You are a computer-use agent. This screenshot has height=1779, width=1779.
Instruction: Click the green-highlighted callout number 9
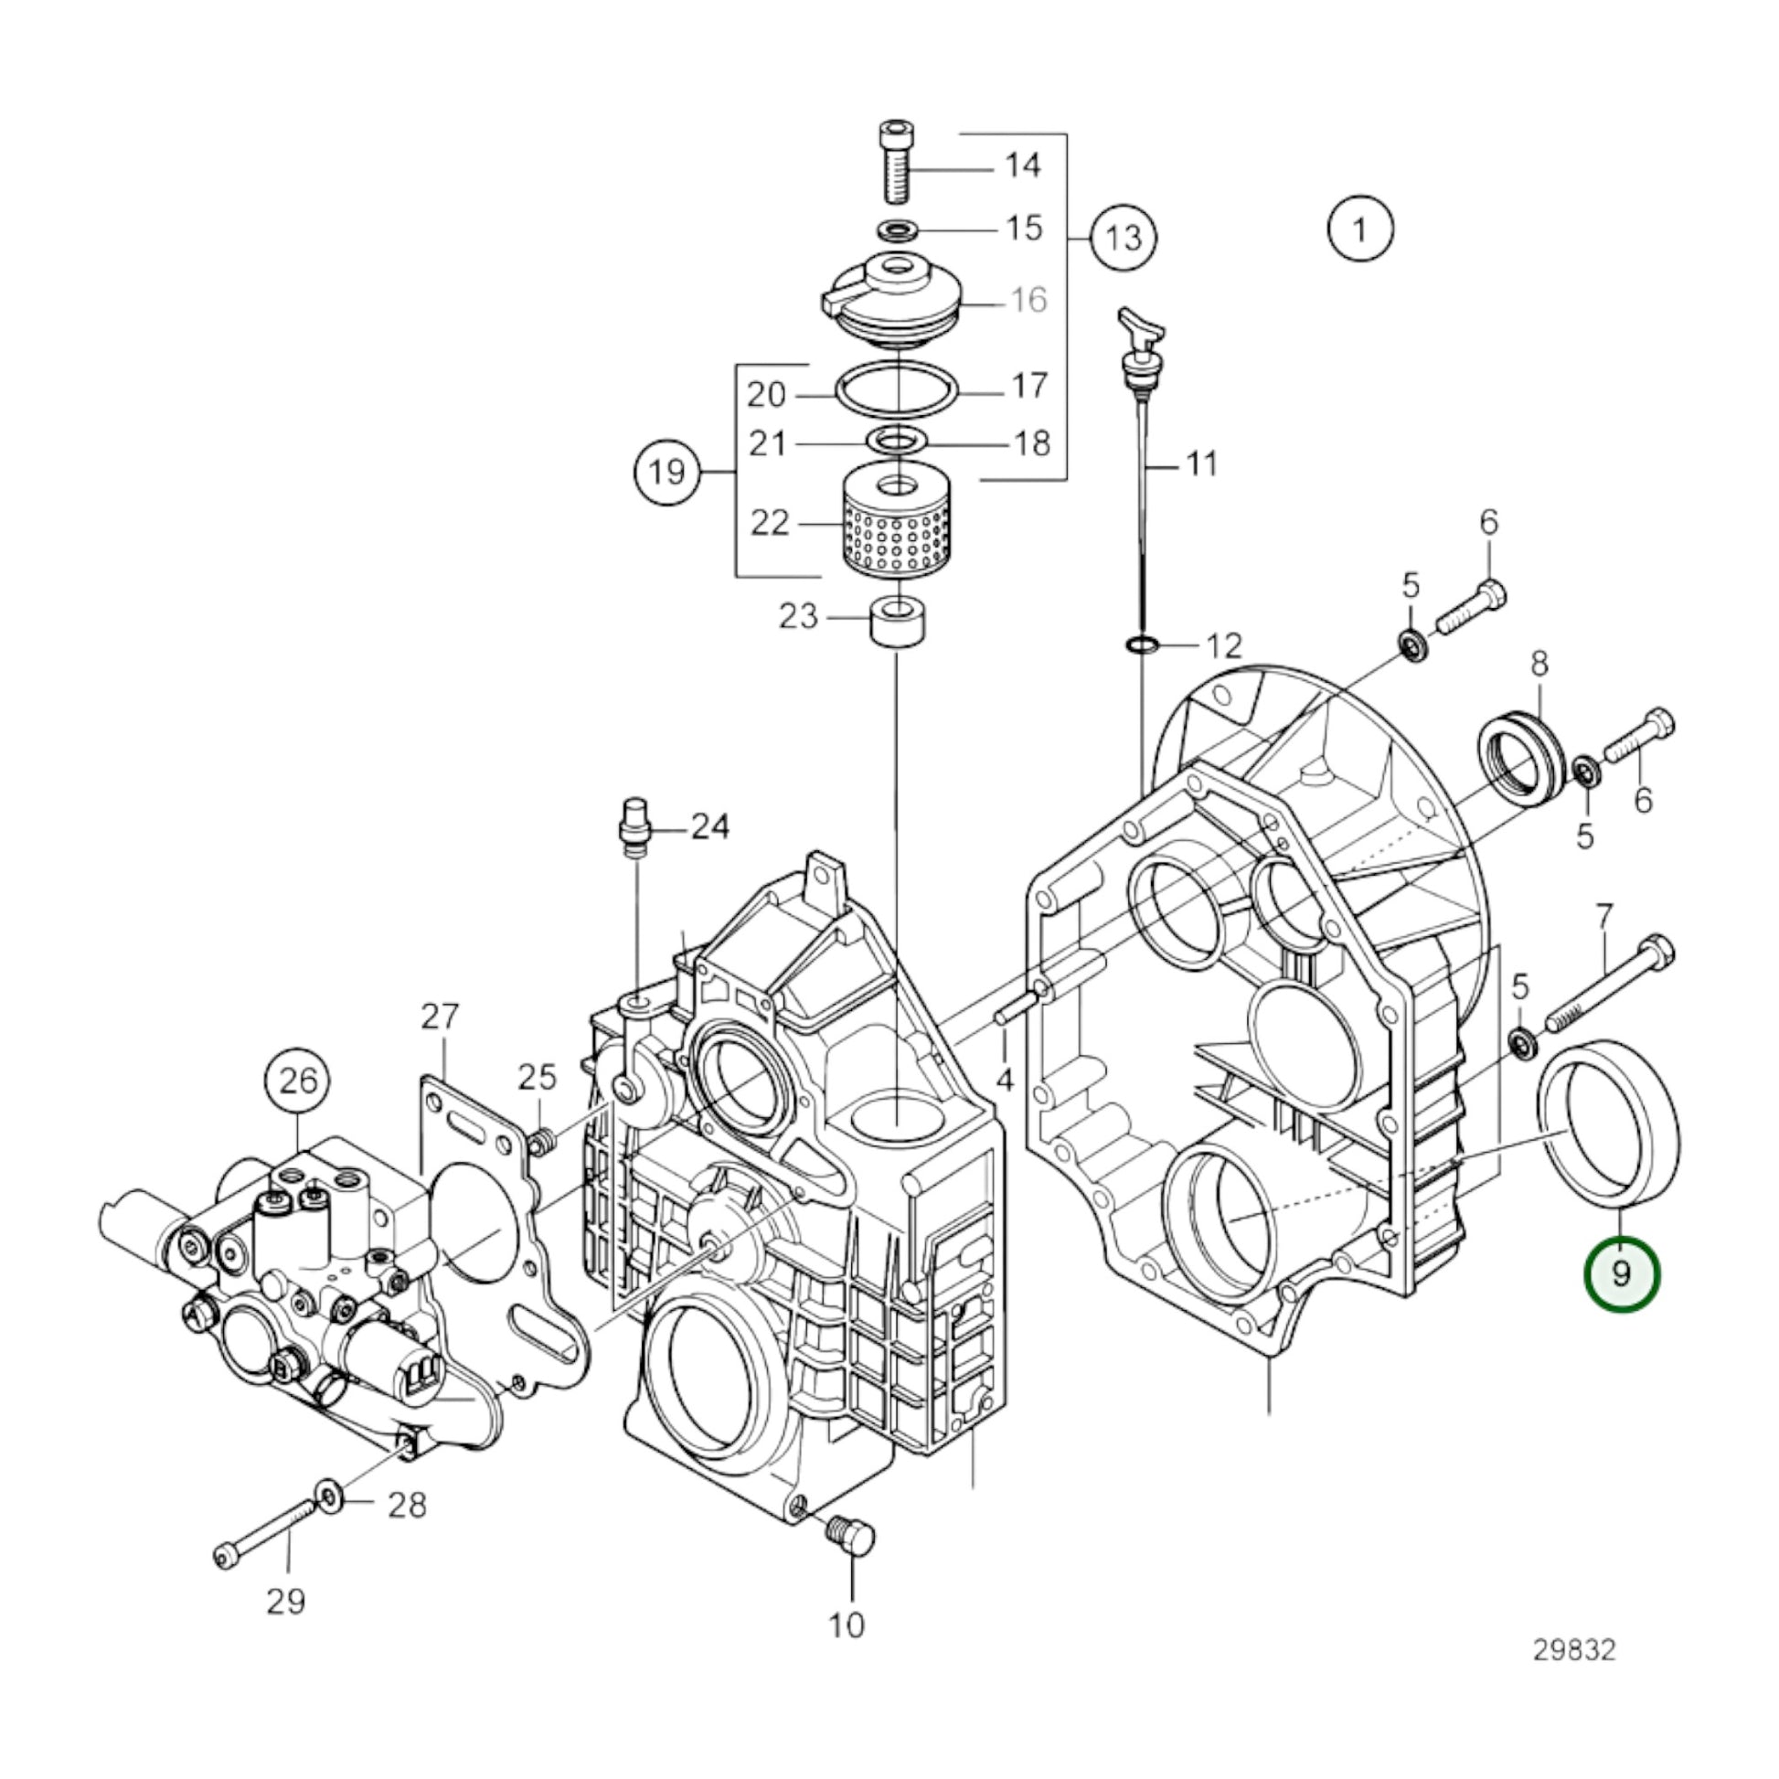pyautogui.click(x=1621, y=1274)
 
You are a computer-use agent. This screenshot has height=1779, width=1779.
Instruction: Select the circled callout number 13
pyautogui.click(x=1124, y=239)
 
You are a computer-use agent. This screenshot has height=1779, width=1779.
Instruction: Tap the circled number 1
pyautogui.click(x=1360, y=229)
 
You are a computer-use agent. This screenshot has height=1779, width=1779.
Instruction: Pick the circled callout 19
pyautogui.click(x=667, y=473)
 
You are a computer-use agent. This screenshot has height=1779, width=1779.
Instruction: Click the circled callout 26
pyautogui.click(x=299, y=1081)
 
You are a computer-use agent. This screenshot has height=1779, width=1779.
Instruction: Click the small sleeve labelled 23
pyautogui.click(x=898, y=623)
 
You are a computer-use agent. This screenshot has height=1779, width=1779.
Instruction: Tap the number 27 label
pyautogui.click(x=439, y=1017)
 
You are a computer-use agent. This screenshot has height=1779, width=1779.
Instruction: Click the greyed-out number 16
pyautogui.click(x=1028, y=299)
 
